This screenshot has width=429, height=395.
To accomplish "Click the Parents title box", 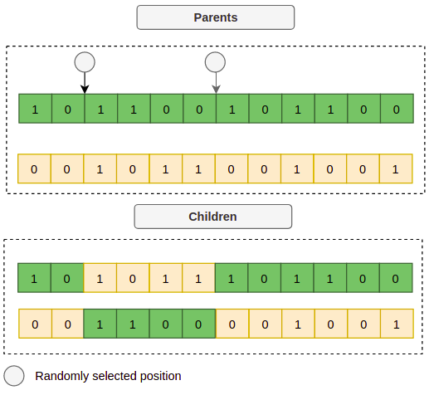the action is (x=216, y=17).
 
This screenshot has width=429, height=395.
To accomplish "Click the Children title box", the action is (x=213, y=217).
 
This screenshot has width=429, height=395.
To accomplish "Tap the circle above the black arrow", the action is (x=85, y=62).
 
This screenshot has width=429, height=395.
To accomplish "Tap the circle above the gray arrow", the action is (x=215, y=62).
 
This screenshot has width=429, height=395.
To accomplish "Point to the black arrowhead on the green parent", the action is (x=85, y=90).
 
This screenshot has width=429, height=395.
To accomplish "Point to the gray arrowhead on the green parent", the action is (x=216, y=90).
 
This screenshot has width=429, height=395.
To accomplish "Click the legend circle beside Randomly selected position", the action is (x=14, y=376).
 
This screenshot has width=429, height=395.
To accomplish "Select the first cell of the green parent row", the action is (x=35, y=109).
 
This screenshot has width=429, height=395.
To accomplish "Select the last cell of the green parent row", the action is (x=397, y=109).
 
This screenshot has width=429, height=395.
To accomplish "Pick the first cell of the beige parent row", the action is (x=34, y=168).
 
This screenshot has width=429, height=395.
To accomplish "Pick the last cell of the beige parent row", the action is (x=396, y=168).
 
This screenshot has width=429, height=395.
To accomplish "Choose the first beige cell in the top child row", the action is (x=100, y=278).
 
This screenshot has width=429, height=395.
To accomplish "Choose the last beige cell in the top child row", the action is (x=198, y=278).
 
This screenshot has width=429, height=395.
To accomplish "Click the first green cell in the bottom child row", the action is (x=100, y=324).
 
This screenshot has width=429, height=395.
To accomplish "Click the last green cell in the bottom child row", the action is (x=199, y=324).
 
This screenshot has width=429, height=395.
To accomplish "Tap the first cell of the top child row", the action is (x=34, y=278).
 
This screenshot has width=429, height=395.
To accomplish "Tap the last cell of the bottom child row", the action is (x=397, y=324).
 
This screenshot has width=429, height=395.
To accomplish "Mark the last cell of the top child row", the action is (x=396, y=278).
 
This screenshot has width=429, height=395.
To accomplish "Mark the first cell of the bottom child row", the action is (x=35, y=324).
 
